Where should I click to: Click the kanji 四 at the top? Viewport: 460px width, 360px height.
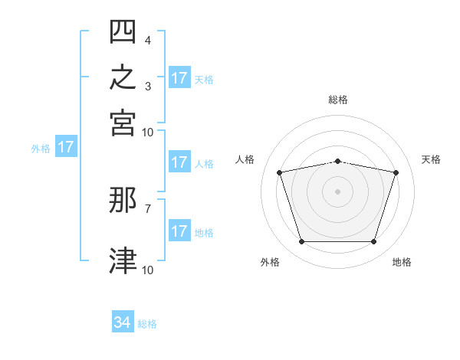click(x=123, y=31)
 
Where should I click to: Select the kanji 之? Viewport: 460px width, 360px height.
click(x=123, y=77)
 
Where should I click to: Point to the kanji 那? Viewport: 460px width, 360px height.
click(x=123, y=200)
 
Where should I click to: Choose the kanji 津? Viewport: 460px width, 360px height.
click(x=123, y=260)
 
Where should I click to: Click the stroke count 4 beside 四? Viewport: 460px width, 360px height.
click(x=147, y=41)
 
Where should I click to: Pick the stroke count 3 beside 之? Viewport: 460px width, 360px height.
click(x=148, y=87)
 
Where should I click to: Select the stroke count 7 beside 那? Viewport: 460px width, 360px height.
click(x=148, y=209)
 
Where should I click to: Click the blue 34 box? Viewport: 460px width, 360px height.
click(x=123, y=321)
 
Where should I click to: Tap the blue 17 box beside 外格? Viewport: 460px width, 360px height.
click(x=66, y=146)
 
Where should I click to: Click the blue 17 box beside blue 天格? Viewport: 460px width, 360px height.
click(x=180, y=77)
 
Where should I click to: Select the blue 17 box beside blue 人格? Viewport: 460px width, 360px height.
click(x=180, y=162)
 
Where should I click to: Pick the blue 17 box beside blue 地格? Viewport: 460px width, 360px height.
click(x=180, y=230)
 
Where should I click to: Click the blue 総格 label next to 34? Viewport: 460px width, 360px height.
click(x=147, y=324)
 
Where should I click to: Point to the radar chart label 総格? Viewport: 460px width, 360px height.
click(x=338, y=100)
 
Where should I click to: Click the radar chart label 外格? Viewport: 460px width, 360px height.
click(x=270, y=262)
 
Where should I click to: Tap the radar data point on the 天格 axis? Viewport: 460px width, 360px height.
click(x=396, y=172)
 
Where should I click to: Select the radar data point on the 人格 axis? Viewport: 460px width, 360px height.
click(x=280, y=172)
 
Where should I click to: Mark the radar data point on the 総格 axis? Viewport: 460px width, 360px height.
click(x=337, y=162)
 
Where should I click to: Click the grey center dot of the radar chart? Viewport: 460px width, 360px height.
click(x=337, y=191)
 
